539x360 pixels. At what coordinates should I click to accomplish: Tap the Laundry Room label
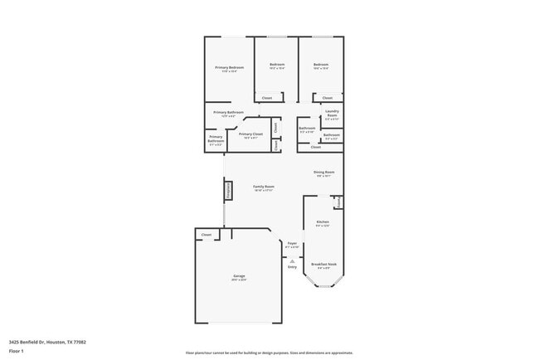(x=332, y=111)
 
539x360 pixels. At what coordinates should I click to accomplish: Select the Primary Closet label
(x=250, y=134)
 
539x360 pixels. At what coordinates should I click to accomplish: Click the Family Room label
(x=264, y=187)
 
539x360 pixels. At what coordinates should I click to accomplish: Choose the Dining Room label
(x=323, y=172)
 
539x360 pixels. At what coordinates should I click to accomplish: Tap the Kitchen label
(x=323, y=221)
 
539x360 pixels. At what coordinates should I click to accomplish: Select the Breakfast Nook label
(x=323, y=264)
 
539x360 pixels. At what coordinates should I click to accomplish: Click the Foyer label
(x=292, y=243)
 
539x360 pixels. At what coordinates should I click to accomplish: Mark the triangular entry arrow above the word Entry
(x=292, y=260)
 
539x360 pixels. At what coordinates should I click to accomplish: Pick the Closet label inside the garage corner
(x=206, y=235)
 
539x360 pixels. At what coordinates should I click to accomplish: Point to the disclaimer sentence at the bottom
(x=269, y=353)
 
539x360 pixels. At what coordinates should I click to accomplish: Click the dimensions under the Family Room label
(x=264, y=191)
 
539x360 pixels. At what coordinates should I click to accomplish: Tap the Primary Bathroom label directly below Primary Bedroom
(x=227, y=112)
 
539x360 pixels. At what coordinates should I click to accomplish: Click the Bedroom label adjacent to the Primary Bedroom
(x=277, y=65)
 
